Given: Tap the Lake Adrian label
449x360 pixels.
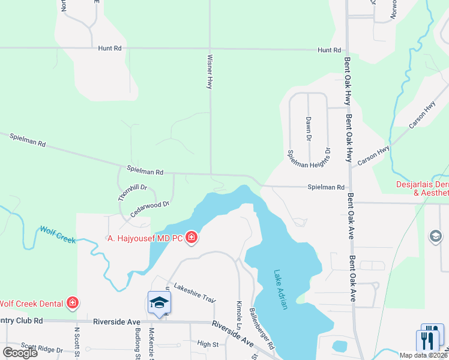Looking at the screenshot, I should [281, 289].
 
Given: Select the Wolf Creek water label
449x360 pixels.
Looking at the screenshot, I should [58, 234].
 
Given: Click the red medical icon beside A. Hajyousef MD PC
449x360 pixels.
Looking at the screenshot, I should [191, 238].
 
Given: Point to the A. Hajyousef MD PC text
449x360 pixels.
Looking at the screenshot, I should [146, 238].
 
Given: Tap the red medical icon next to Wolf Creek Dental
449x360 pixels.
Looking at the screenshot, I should [73, 303].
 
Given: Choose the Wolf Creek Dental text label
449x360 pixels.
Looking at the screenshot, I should [32, 303].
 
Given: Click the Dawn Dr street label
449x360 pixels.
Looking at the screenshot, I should [309, 129].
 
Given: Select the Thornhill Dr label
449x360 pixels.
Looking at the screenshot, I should [132, 192].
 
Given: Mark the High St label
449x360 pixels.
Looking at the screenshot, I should [208, 344].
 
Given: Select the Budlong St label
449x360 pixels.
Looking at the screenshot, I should [137, 345].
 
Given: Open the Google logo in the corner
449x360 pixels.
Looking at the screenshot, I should [20, 352].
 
